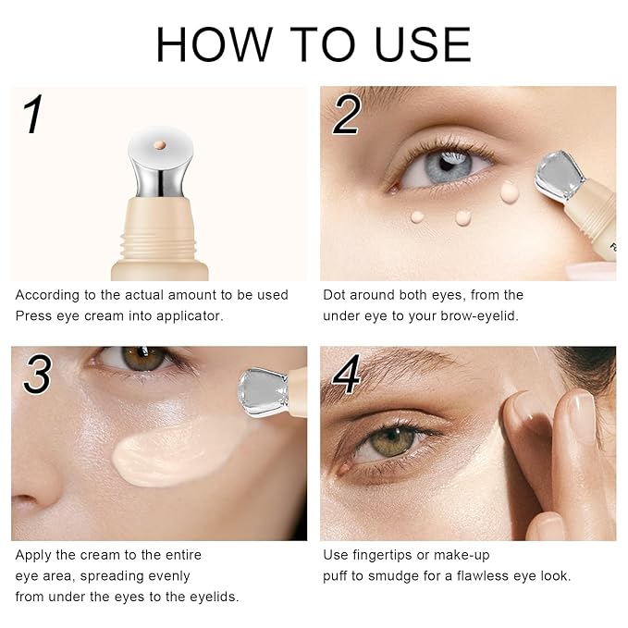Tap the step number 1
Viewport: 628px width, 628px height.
tap(33, 116)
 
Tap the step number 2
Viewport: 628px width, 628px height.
tap(346, 116)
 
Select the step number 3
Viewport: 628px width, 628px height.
tap(37, 374)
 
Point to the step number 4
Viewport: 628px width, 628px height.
tap(346, 374)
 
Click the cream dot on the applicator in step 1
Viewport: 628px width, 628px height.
tap(160, 145)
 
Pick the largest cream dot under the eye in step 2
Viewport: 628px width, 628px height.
tap(509, 192)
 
